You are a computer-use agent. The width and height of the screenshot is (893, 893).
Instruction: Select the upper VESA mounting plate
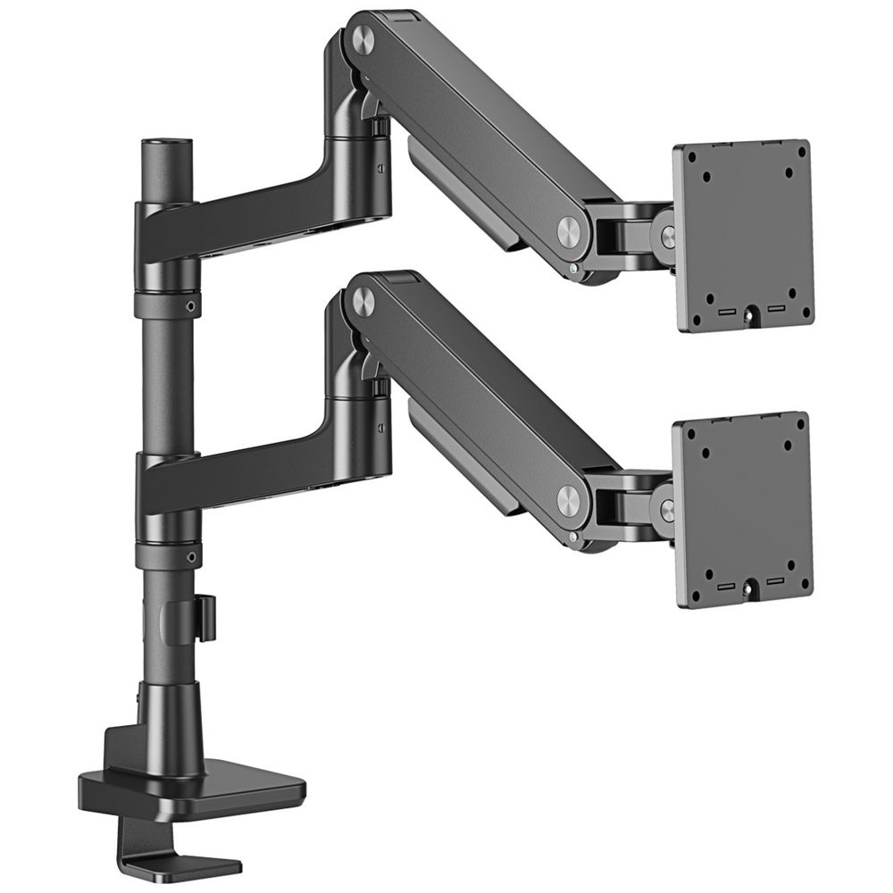[x=743, y=234]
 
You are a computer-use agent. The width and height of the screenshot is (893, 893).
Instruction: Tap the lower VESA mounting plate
[x=743, y=509]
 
